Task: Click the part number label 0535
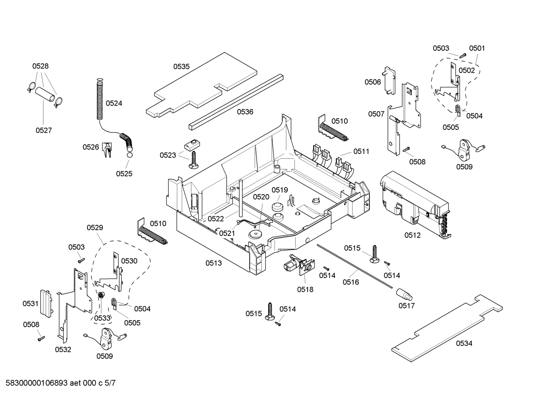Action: coord(181,67)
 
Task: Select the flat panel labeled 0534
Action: coord(445,329)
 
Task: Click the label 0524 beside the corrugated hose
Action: coord(114,103)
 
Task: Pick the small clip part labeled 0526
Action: coord(107,150)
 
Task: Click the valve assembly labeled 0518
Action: coord(301,267)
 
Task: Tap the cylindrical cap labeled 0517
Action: coord(404,296)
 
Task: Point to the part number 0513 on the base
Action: coord(214,263)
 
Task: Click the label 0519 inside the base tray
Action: coord(279,190)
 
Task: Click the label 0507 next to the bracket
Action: coord(376,114)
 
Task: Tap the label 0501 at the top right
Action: coord(477,48)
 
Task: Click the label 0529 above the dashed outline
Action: coord(95,228)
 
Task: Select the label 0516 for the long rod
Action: coord(351,282)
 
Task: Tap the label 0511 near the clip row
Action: coord(361,152)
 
